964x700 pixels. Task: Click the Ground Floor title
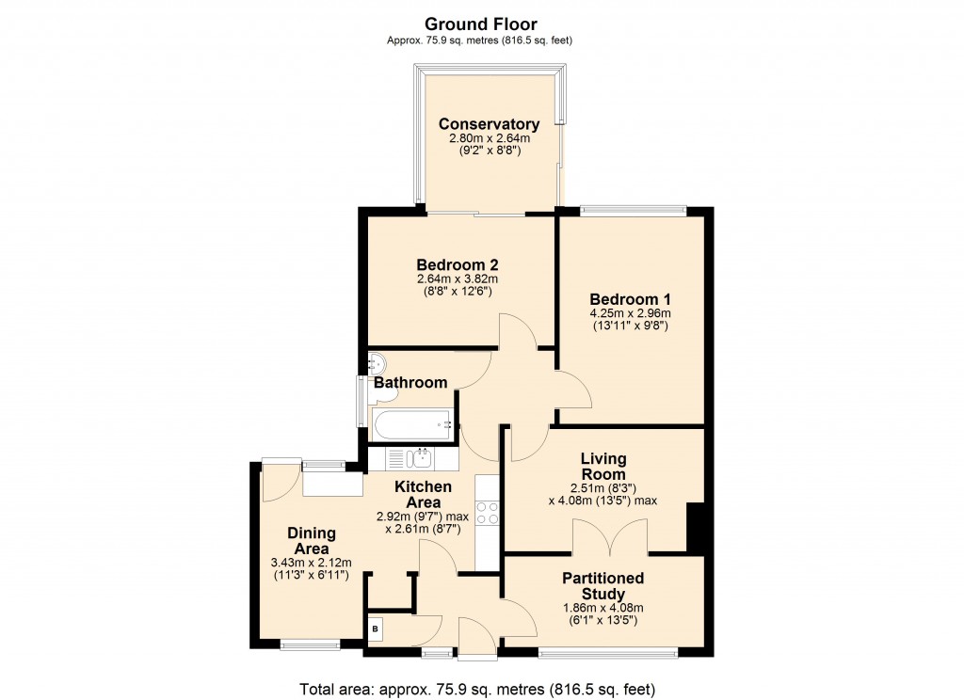481,23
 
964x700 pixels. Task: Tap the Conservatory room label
489,124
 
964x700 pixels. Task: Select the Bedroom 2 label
457,264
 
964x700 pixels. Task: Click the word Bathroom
410,383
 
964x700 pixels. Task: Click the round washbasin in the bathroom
376,361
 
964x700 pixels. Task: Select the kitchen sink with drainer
411,459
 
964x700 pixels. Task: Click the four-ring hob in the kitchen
488,513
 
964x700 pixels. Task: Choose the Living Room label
602,466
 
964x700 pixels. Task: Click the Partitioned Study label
602,586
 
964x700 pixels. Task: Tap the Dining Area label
312,541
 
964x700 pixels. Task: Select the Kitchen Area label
423,494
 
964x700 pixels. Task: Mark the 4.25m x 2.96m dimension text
630,314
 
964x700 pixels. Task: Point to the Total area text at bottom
476,688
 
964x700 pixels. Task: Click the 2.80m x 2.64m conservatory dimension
489,139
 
